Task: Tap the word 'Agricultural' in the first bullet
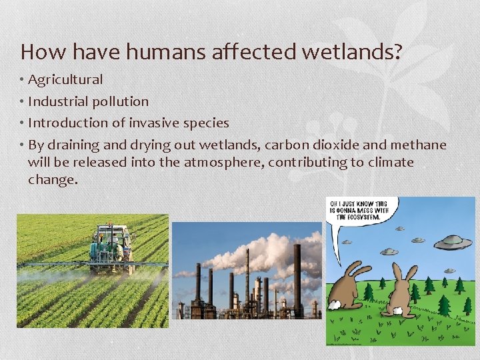point(65,80)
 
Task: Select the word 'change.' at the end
point(53,179)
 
